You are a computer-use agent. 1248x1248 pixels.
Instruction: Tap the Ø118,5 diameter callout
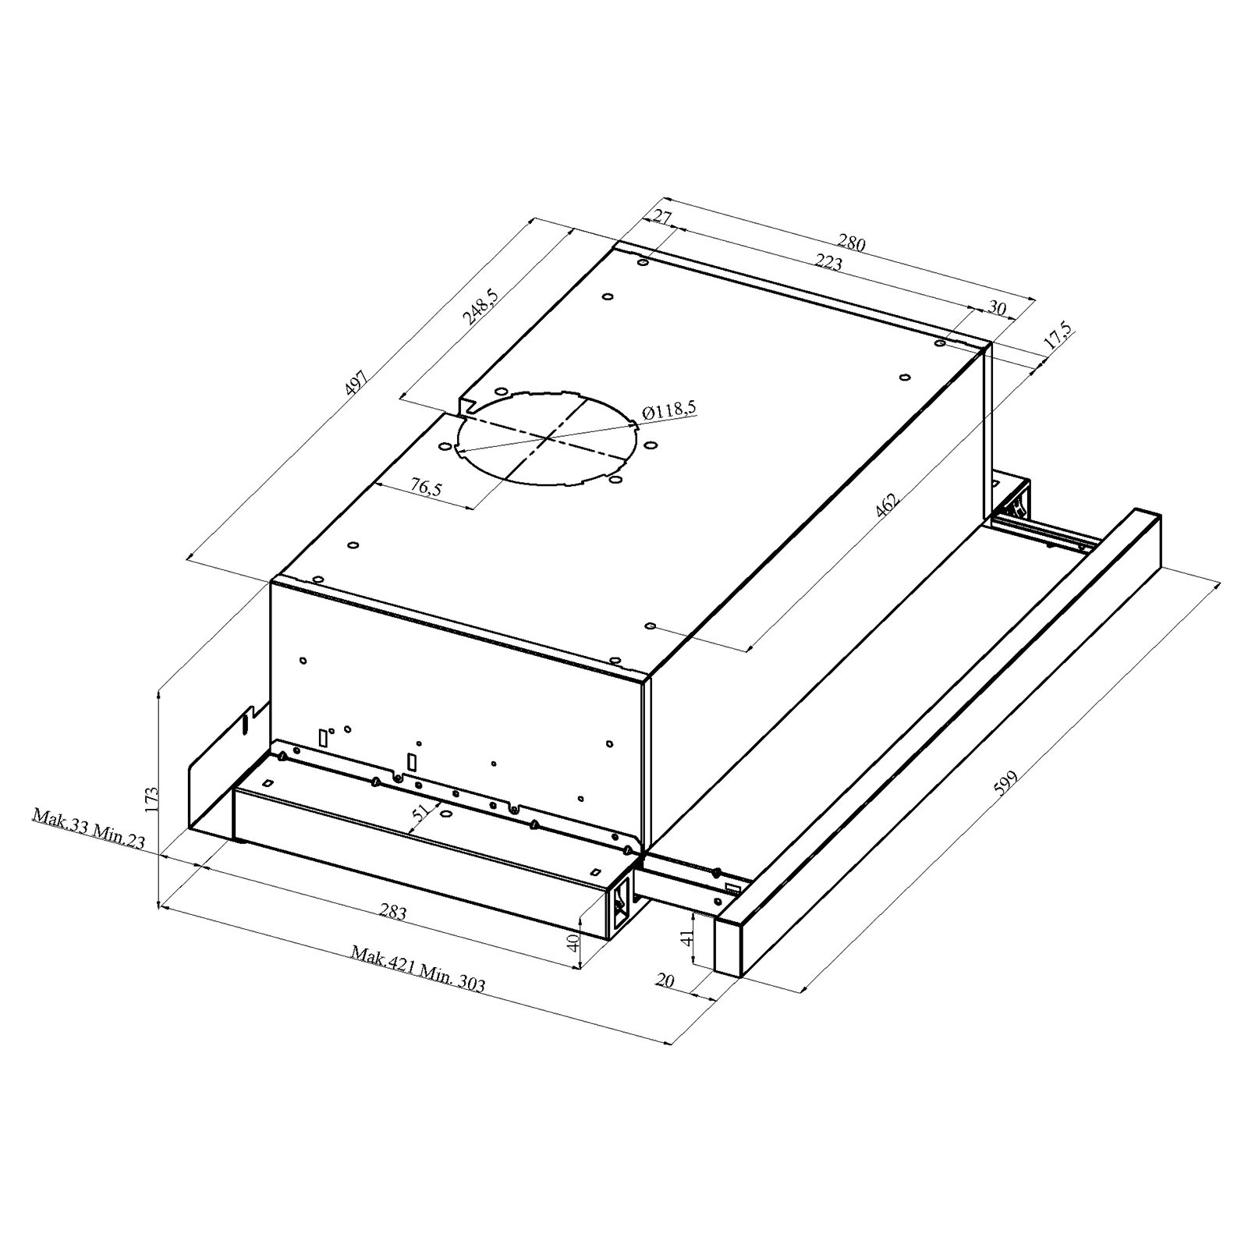coord(669,410)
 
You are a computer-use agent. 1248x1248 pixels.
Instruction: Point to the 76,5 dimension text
coord(426,487)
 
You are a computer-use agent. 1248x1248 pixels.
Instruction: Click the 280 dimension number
coord(852,243)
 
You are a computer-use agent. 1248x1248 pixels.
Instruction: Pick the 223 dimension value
coord(828,264)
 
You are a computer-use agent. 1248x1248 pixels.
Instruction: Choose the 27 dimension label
coord(662,216)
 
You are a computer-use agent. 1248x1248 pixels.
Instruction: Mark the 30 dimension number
coord(997,308)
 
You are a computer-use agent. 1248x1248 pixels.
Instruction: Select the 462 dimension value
coord(887,505)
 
